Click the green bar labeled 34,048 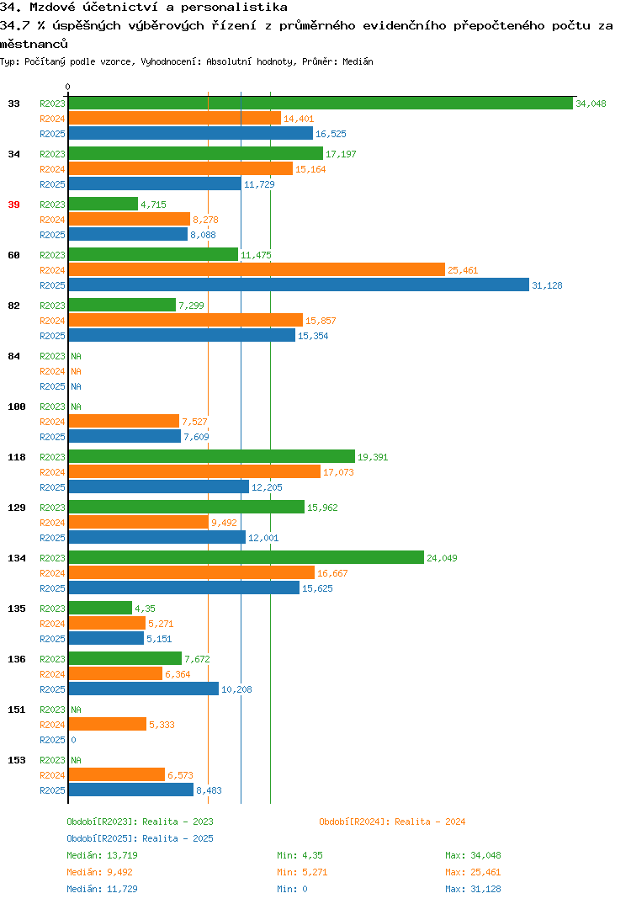[321, 104]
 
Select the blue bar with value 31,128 [299, 284]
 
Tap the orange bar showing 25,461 [257, 270]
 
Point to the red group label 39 [13, 205]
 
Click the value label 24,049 [442, 558]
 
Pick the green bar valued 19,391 [212, 456]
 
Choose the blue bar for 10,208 [144, 689]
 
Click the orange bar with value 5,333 [108, 724]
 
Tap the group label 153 [17, 760]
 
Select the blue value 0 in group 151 [73, 740]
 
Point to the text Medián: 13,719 [102, 855]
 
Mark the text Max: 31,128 [473, 889]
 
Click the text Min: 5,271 [302, 872]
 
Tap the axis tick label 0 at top [67, 87]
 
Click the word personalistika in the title [234, 8]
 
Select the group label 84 [13, 356]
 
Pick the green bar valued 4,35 [100, 608]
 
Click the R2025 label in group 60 [52, 285]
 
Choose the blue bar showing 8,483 [131, 790]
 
